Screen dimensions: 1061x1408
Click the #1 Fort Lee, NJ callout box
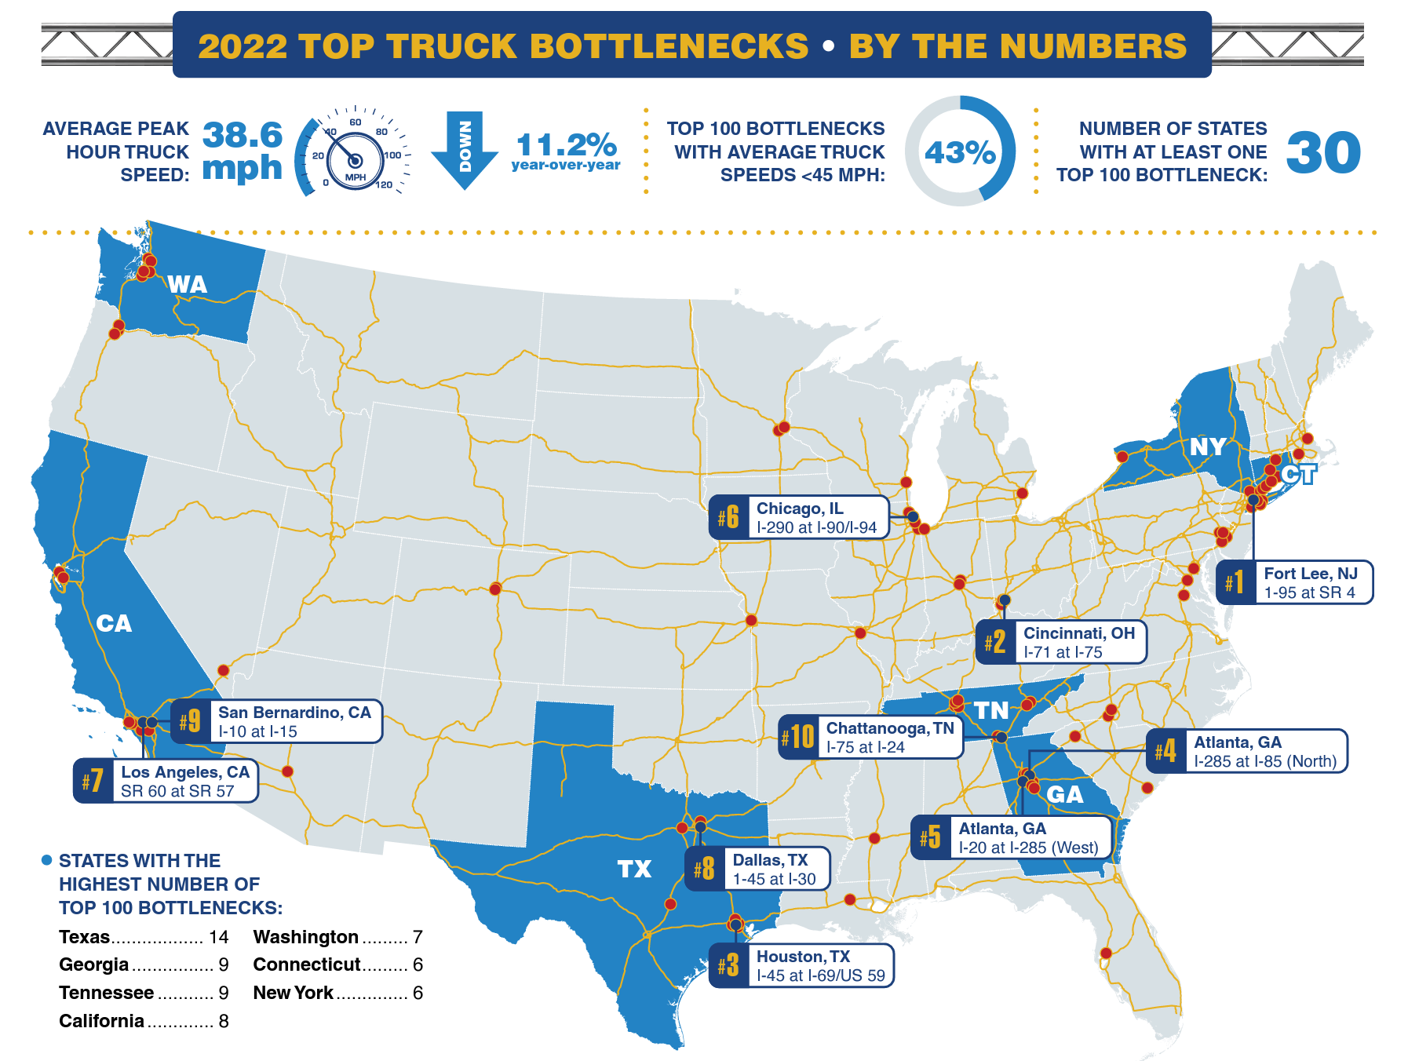1295,582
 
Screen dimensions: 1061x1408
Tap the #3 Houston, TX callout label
801,965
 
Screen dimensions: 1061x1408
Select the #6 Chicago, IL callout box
799,517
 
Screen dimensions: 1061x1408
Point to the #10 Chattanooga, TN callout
870,737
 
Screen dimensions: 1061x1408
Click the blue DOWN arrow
465,149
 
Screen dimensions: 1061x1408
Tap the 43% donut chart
960,151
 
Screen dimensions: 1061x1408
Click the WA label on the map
188,284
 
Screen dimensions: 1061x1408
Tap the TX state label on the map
634,869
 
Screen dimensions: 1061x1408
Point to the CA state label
114,623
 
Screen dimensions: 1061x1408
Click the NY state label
1206,447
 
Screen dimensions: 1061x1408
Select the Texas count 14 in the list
219,937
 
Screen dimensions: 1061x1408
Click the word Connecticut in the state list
306,964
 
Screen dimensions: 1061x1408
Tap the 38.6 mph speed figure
242,151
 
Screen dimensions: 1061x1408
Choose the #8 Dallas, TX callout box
757,869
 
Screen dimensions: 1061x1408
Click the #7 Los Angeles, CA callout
166,781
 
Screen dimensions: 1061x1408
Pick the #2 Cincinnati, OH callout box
1061,642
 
